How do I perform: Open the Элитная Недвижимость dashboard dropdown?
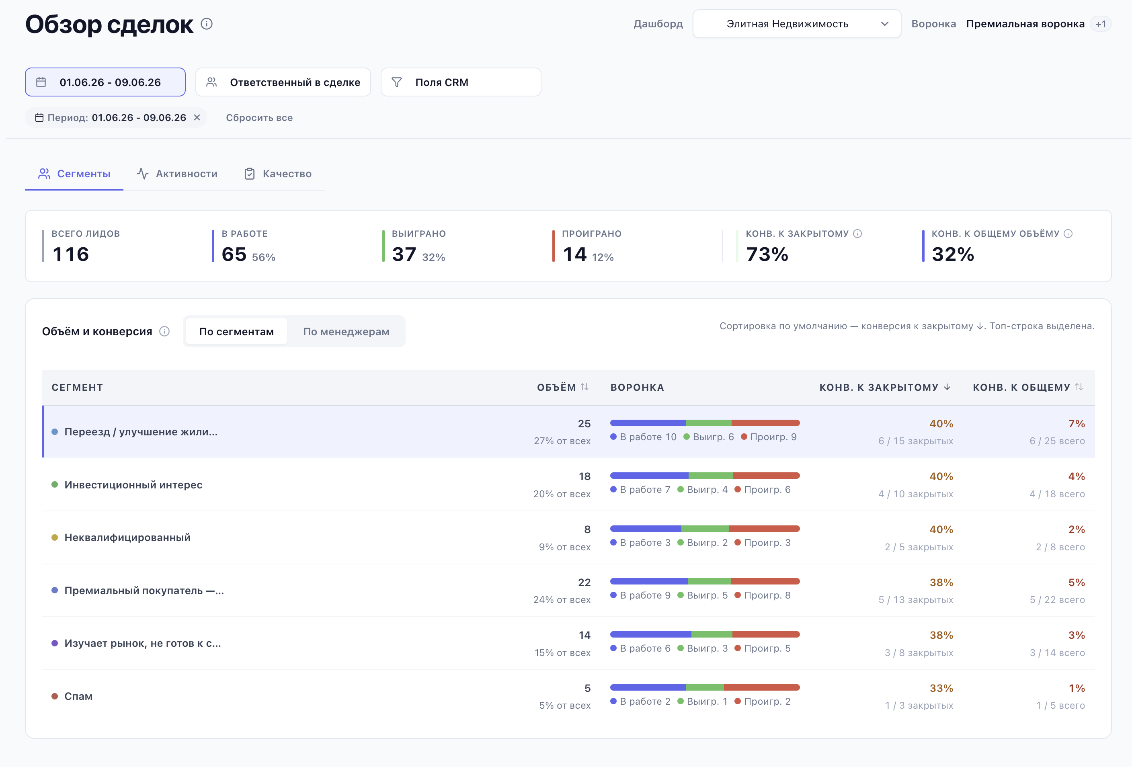[796, 24]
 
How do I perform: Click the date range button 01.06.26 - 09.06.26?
[105, 82]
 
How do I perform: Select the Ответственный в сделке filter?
[283, 82]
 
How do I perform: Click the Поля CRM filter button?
[461, 82]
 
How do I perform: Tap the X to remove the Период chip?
[197, 117]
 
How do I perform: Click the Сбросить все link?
[259, 117]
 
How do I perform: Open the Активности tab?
[177, 174]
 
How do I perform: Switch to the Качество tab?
[278, 174]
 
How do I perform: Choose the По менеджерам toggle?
[346, 332]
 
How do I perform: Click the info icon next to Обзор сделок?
[207, 24]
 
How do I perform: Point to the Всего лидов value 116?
[71, 254]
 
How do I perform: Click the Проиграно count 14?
[574, 254]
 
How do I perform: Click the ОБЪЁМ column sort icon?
[584, 387]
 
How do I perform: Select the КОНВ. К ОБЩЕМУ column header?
[1021, 387]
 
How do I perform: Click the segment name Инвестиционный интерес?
[133, 484]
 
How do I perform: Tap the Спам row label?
[78, 696]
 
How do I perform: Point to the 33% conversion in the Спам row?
[941, 688]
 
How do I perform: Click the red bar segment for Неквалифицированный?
[764, 528]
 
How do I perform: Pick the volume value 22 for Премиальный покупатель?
[584, 582]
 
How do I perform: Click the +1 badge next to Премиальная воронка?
[1100, 24]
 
